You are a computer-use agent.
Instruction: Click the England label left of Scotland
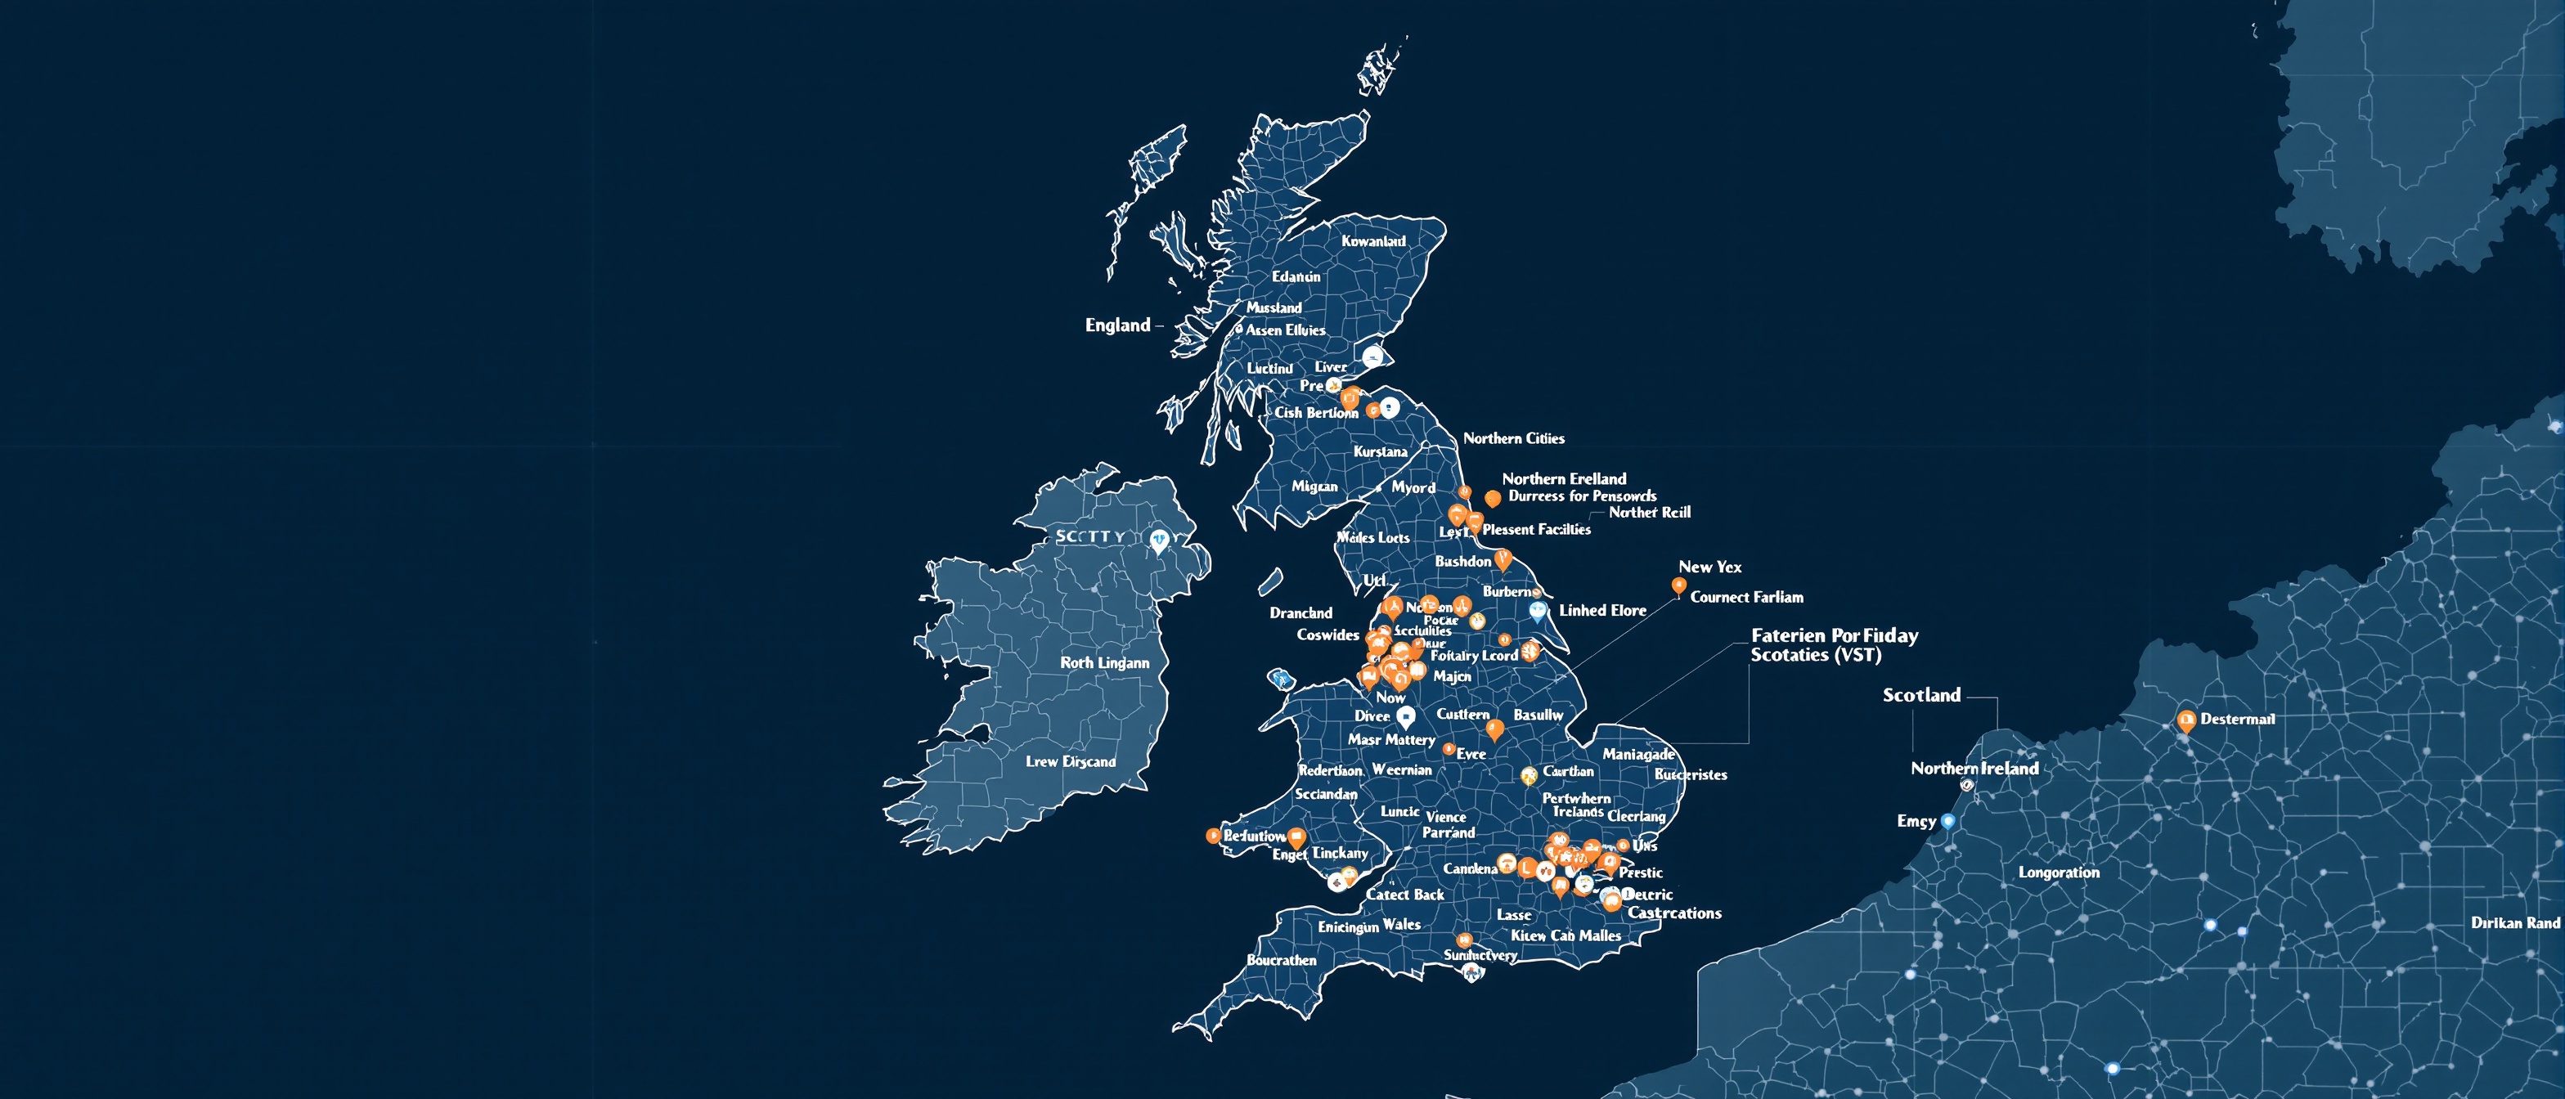click(1117, 325)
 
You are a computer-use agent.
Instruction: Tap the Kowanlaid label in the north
click(1373, 241)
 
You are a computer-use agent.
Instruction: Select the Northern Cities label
click(1512, 438)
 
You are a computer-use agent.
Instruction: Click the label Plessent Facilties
click(1535, 530)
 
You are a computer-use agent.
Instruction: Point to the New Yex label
click(1709, 567)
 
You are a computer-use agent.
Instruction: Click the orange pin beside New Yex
click(1679, 586)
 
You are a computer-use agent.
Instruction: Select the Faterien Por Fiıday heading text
click(1834, 635)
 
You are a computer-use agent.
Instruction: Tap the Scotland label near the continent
click(1920, 695)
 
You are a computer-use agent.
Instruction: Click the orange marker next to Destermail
click(2185, 720)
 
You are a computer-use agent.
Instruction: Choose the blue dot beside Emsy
click(1947, 821)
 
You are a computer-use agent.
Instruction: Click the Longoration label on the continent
click(2058, 872)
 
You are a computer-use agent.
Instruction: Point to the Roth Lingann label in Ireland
click(1104, 663)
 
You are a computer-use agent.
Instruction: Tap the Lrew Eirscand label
click(1071, 761)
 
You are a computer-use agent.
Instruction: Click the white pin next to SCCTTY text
click(1158, 541)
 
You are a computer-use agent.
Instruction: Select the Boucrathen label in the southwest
click(1282, 961)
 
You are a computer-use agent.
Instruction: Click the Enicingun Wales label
click(1369, 926)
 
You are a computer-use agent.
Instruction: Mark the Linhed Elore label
click(1602, 610)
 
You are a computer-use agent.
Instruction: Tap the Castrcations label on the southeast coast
click(1673, 913)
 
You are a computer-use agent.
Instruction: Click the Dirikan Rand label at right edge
click(2514, 923)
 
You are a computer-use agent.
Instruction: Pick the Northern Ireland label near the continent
click(1974, 769)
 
